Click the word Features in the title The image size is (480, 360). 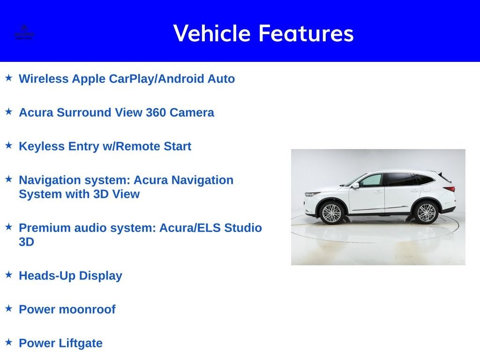point(306,33)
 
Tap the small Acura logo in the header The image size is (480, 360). point(24,32)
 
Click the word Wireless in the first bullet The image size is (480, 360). point(44,79)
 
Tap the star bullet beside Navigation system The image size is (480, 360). point(8,179)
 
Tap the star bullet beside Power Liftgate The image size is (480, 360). point(8,342)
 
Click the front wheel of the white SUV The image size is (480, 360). point(332,213)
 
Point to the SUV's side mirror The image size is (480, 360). point(356,185)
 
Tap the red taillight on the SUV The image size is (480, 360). point(449,189)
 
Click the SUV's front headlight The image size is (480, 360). point(313,194)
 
